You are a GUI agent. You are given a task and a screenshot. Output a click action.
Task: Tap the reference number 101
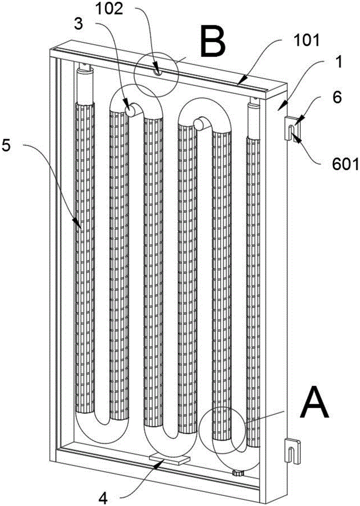click(306, 40)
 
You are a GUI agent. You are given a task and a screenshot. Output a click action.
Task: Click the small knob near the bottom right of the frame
click(238, 473)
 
